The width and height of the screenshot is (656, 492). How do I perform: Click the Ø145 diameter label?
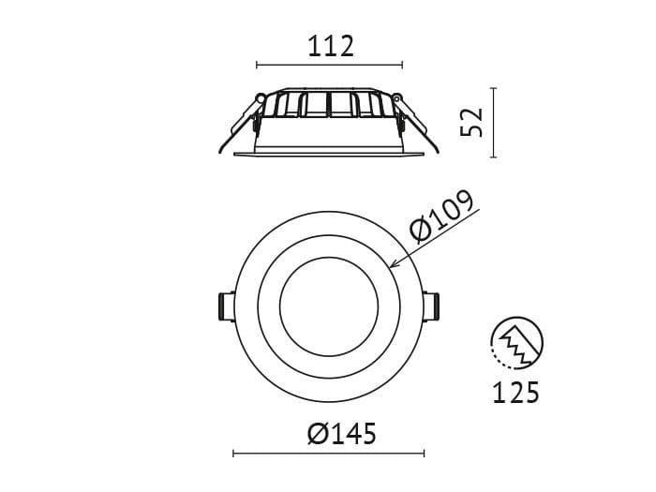341,434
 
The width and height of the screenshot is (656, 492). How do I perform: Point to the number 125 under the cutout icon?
516,393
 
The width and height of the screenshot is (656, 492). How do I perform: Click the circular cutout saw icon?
516,343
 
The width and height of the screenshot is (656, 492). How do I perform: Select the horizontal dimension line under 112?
329,66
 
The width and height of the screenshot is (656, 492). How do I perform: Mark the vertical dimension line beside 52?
494,122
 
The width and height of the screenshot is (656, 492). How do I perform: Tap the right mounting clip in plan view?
433,306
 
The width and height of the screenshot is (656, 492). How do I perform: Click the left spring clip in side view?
240,122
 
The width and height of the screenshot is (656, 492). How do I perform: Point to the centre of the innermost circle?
329,306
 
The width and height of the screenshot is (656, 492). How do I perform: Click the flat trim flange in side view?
329,152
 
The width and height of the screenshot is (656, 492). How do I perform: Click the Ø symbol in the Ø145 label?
318,434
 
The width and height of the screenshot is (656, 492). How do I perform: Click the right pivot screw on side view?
396,97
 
